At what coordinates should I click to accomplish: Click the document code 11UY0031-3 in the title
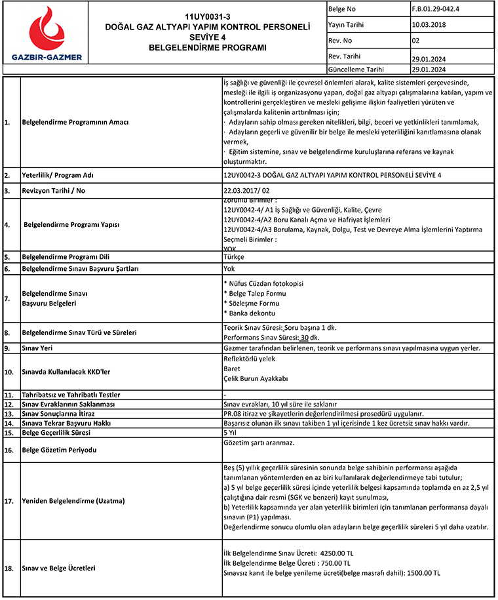[x=207, y=16]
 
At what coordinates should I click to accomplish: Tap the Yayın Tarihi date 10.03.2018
[x=429, y=25]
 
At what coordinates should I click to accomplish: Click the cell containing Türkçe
[x=234, y=258]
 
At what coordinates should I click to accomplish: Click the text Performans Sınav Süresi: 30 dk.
[x=271, y=337]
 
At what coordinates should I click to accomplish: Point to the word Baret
[x=231, y=369]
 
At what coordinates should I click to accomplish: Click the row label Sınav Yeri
[x=39, y=348]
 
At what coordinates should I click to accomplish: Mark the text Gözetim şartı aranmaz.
[x=259, y=443]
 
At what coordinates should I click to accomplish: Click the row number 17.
[x=9, y=501]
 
